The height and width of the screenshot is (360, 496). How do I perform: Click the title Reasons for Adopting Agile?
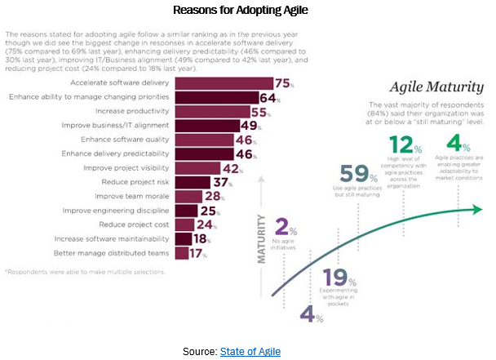point(248,11)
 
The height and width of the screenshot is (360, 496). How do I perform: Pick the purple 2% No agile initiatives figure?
point(284,228)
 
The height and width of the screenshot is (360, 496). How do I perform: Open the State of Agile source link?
point(250,350)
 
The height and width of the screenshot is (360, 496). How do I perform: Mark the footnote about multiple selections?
point(85,272)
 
